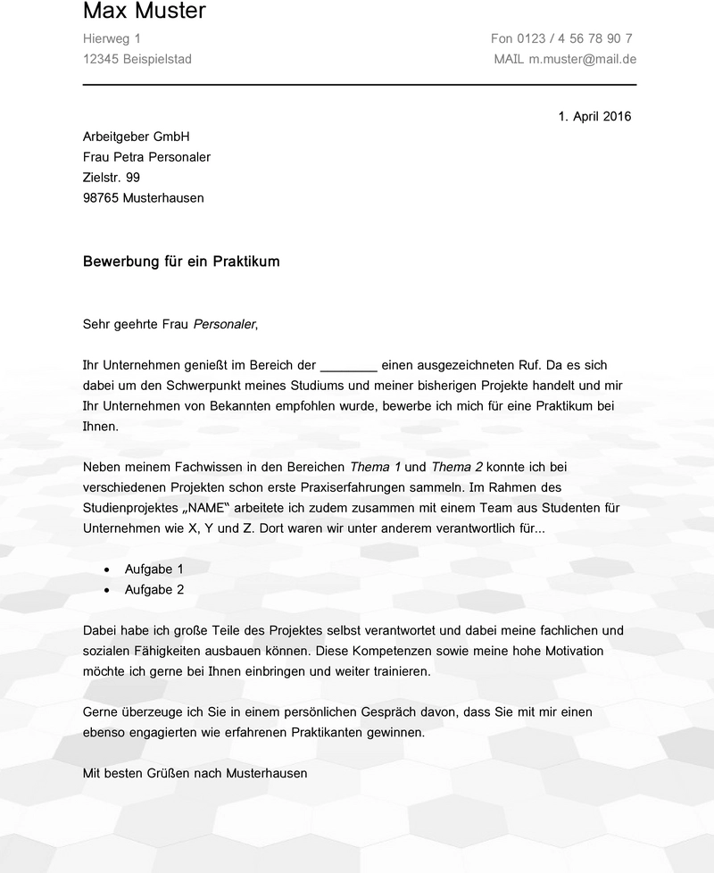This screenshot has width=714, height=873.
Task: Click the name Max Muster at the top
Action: (x=144, y=12)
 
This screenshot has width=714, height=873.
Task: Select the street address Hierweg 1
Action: (x=112, y=38)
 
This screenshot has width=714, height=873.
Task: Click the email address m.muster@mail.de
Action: (x=582, y=59)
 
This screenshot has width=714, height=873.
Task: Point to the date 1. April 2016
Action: (x=594, y=116)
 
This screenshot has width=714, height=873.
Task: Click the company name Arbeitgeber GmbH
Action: (x=136, y=137)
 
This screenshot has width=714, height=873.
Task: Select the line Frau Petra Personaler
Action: (x=146, y=157)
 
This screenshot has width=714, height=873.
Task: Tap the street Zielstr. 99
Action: (x=111, y=178)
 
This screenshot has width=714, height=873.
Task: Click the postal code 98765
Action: (x=101, y=198)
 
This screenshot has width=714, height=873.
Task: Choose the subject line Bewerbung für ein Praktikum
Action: (x=181, y=262)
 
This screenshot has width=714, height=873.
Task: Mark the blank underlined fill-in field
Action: (x=348, y=366)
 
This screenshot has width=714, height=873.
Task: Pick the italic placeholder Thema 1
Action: (x=375, y=467)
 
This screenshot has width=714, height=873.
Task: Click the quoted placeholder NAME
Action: (x=205, y=508)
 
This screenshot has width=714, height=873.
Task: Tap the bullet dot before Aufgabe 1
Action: (x=107, y=569)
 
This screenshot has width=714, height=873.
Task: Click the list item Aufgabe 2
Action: (x=154, y=589)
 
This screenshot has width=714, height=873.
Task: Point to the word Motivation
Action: (x=572, y=651)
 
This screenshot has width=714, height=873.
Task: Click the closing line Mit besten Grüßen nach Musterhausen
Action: (x=195, y=773)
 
